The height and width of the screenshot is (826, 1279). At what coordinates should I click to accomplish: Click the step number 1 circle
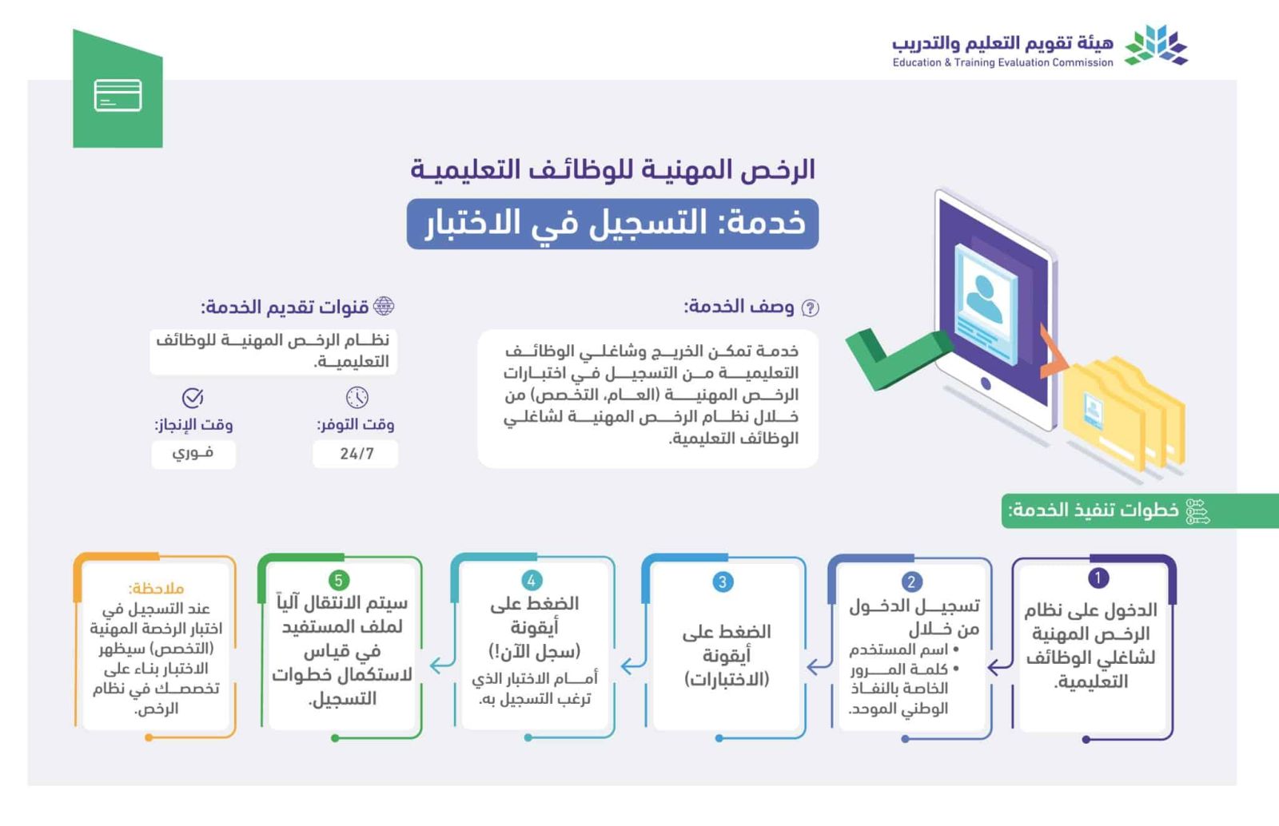click(x=1098, y=578)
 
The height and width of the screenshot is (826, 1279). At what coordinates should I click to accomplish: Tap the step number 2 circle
click(x=910, y=582)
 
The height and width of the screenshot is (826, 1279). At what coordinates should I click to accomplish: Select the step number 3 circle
click(x=723, y=582)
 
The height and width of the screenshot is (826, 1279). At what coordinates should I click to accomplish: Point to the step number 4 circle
click(x=531, y=581)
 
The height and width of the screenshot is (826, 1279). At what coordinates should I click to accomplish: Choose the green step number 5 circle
click(x=338, y=580)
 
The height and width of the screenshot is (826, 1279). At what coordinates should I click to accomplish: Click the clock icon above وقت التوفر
click(x=357, y=397)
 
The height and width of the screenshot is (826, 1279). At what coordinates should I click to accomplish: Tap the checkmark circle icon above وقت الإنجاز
click(x=193, y=397)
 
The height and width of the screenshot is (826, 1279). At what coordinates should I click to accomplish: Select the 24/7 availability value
click(x=356, y=454)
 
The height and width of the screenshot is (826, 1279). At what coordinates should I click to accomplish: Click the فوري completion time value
click(x=193, y=454)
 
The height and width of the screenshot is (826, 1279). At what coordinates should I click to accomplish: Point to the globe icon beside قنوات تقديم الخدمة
click(x=384, y=306)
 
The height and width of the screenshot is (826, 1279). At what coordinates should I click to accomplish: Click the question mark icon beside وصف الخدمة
click(x=810, y=308)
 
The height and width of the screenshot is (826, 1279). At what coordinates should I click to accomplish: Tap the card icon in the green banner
click(x=118, y=95)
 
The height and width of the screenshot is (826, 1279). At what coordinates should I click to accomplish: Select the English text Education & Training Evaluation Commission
click(x=1002, y=62)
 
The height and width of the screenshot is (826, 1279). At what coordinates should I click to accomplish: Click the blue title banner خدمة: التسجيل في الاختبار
click(x=612, y=224)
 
